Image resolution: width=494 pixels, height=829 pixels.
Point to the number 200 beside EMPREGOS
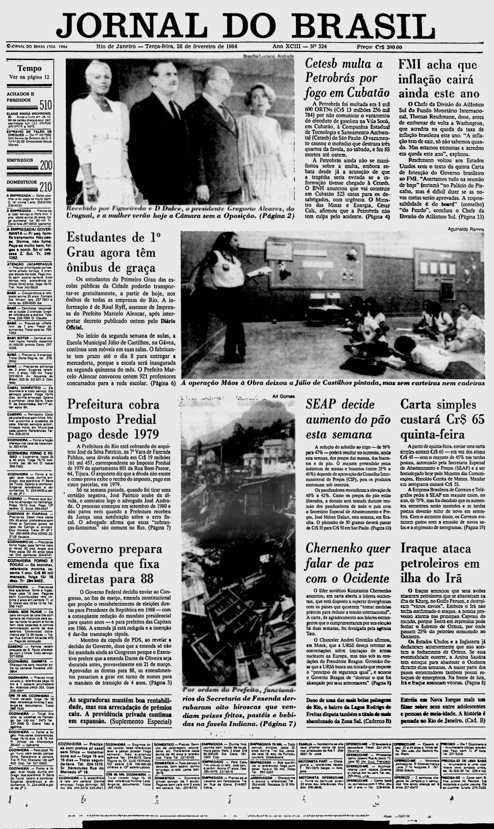coord(45,165)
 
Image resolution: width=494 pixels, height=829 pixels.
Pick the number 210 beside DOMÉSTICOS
coord(45,187)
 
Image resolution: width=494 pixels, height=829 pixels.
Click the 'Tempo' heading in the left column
coord(30,68)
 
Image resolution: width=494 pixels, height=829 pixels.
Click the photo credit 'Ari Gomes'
coord(283,396)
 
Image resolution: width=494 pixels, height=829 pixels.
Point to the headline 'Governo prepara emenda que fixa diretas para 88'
coord(115,564)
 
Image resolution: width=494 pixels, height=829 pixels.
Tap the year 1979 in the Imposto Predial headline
coord(142,434)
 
